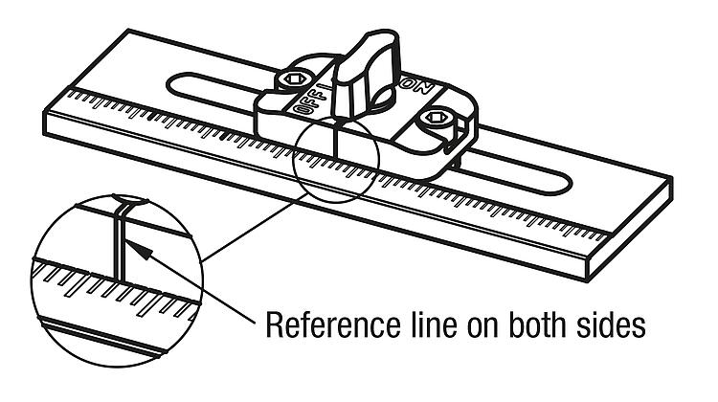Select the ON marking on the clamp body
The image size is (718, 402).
tap(416, 87)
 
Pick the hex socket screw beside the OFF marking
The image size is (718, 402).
tap(293, 79)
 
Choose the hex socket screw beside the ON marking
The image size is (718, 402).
tap(435, 120)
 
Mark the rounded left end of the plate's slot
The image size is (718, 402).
tap(172, 85)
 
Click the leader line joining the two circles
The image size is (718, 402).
tap(255, 228)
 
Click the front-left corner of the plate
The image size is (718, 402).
tap(45, 135)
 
